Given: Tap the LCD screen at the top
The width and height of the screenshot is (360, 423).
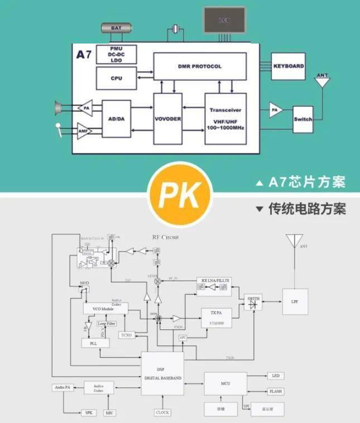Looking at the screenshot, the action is (224, 20).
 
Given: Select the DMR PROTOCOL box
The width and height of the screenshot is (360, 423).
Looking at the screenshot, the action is (200, 66).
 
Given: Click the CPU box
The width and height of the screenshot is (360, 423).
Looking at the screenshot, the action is (116, 78).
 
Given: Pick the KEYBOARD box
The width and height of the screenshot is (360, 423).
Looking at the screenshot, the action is (289, 66).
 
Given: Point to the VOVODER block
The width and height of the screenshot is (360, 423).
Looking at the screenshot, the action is (168, 118).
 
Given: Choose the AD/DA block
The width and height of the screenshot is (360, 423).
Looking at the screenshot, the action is (116, 118).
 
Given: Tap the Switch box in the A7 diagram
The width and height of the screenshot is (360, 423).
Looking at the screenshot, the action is (303, 119).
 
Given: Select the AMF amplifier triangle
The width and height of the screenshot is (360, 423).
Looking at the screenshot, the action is (84, 132).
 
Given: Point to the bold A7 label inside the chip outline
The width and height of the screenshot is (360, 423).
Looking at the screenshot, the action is (84, 55).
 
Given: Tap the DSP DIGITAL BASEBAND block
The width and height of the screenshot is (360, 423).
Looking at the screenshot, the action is (162, 373).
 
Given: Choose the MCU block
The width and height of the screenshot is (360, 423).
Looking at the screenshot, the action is (225, 383).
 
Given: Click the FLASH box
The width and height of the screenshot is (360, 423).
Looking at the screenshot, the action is (276, 392).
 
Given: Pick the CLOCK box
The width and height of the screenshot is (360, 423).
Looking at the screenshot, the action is (162, 412).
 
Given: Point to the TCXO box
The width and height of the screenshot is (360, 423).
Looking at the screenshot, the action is (127, 335).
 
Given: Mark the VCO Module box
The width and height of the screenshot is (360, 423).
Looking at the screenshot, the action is (105, 309).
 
